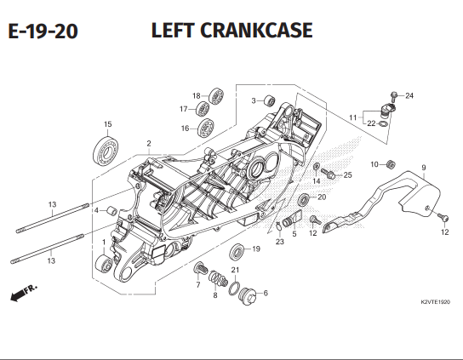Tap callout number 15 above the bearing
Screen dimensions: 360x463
(108, 125)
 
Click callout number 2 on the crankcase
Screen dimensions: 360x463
(148, 143)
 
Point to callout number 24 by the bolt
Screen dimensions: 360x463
(409, 94)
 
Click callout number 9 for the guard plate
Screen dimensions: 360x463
(423, 167)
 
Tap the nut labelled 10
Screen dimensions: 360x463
(391, 164)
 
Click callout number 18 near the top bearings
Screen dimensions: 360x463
(195, 95)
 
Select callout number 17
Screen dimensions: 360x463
(183, 109)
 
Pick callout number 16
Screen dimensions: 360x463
(184, 129)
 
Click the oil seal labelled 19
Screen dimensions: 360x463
(238, 250)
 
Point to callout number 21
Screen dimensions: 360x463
(236, 270)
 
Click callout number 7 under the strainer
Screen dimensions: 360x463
(197, 284)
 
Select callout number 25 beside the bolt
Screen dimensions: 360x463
(347, 175)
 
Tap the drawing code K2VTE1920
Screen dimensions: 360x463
(434, 302)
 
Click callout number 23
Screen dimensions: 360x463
(279, 242)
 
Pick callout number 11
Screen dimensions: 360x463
(353, 117)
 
